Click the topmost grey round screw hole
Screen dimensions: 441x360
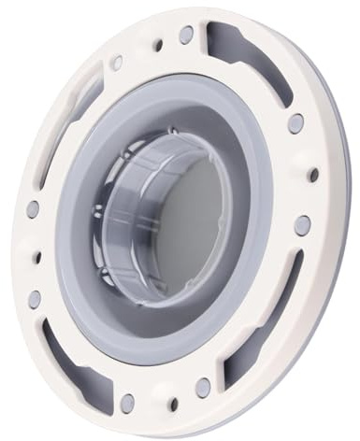point(186,35)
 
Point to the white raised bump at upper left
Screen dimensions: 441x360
point(116,64)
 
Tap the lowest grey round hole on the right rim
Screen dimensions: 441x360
point(302,224)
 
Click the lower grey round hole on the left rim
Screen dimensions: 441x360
point(35,299)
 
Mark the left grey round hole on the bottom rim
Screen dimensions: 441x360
point(127,402)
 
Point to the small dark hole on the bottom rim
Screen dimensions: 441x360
point(172,405)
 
